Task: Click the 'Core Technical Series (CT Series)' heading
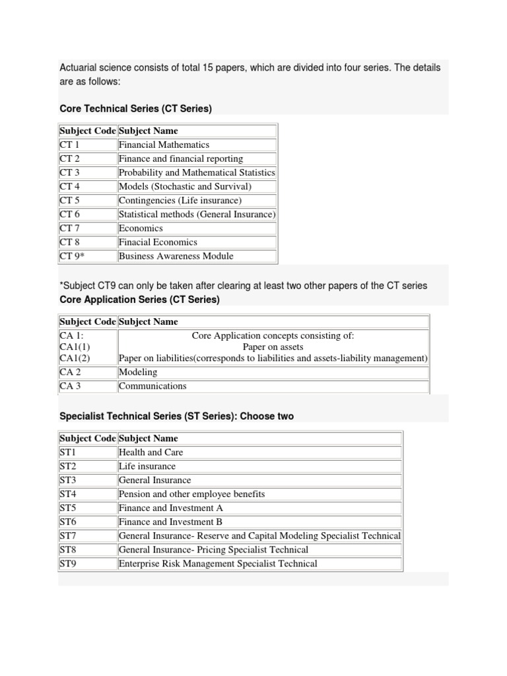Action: pyautogui.click(x=135, y=108)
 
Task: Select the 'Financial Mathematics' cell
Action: pyautogui.click(x=164, y=145)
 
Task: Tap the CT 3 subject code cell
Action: pyautogui.click(x=70, y=172)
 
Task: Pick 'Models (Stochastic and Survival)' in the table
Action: pyautogui.click(x=185, y=186)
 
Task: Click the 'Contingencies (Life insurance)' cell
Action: pyautogui.click(x=180, y=200)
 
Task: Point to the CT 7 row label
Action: pyautogui.click(x=70, y=228)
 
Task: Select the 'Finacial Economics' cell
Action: pyautogui.click(x=158, y=242)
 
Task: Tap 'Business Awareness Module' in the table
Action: pyautogui.click(x=176, y=255)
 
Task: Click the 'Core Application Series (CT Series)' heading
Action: pyautogui.click(x=139, y=300)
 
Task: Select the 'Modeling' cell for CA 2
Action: pyautogui.click(x=138, y=372)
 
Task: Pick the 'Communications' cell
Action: pyautogui.click(x=152, y=386)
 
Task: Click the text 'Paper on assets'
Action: pyautogui.click(x=273, y=347)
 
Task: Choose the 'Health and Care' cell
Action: pyautogui.click(x=151, y=452)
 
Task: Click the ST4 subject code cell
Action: pyautogui.click(x=68, y=494)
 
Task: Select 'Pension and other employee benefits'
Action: pyautogui.click(x=191, y=494)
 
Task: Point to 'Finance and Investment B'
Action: pyautogui.click(x=170, y=522)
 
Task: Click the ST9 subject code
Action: pyautogui.click(x=68, y=563)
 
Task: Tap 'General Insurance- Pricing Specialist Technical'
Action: pyautogui.click(x=213, y=549)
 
